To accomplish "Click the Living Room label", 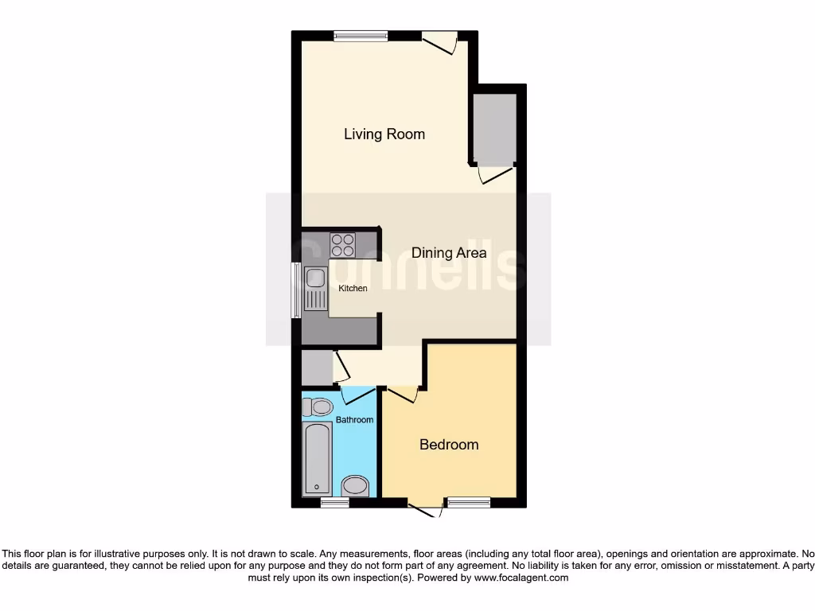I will coord(384,134).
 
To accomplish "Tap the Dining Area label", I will coord(449,253).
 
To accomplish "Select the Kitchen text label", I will coord(353,288).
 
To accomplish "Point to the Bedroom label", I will coord(449,444).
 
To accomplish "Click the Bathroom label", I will coord(354,419).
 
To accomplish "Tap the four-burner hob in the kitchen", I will coord(343,244).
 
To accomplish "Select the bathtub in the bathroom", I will coord(317,461).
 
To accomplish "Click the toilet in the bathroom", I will coord(318,407).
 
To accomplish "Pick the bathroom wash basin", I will coord(354,486).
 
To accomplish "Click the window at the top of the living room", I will coord(361,35).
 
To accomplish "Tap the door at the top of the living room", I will coord(439,41).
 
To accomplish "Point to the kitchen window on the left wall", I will coord(296,289).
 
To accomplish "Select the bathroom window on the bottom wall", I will coord(334,503).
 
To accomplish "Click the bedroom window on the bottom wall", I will coord(467,503).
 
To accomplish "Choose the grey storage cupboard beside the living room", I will coord(494,127).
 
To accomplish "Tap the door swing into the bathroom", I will coord(356,394).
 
